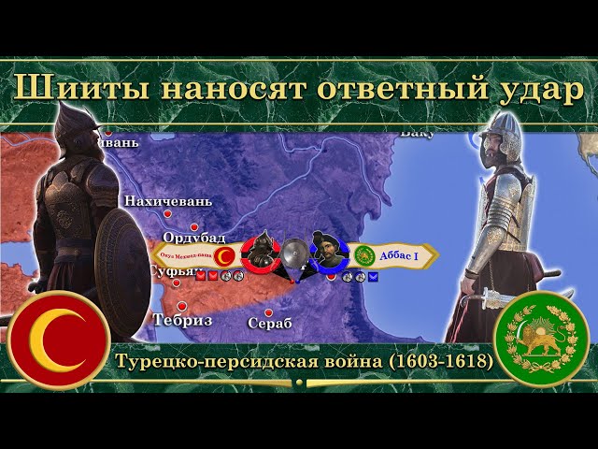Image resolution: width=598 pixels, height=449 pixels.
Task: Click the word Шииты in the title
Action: (67, 87)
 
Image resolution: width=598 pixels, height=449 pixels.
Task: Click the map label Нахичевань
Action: (168, 201)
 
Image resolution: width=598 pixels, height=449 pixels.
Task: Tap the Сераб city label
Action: (270, 324)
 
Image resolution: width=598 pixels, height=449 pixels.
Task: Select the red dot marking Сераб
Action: (269, 312)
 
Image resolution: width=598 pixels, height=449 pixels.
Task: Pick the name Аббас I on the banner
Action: (398, 254)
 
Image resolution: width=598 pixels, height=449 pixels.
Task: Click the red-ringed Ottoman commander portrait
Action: (261, 252)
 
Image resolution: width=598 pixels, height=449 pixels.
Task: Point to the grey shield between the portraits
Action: (294, 253)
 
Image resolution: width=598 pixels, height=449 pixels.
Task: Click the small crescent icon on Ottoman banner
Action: (224, 255)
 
